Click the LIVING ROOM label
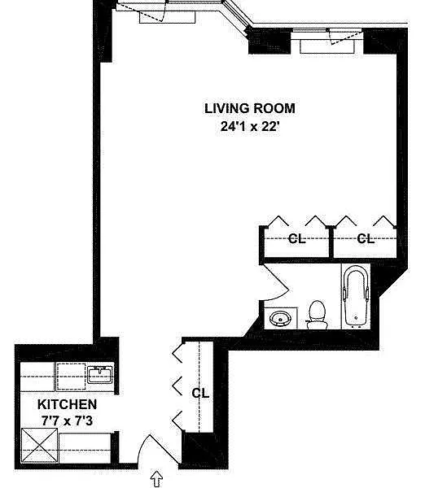250,108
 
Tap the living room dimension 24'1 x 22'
249,126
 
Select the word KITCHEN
67,404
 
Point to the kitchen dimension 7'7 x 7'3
67,421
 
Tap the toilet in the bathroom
318,315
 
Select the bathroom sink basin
280,318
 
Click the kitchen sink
100,375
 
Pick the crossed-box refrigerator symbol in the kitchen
39,447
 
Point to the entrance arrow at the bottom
156,479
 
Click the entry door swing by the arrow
158,449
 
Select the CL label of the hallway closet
200,393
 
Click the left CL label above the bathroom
296,238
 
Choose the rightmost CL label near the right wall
366,238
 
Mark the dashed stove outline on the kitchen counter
71,377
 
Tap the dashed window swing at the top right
345,37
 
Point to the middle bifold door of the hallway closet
177,386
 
